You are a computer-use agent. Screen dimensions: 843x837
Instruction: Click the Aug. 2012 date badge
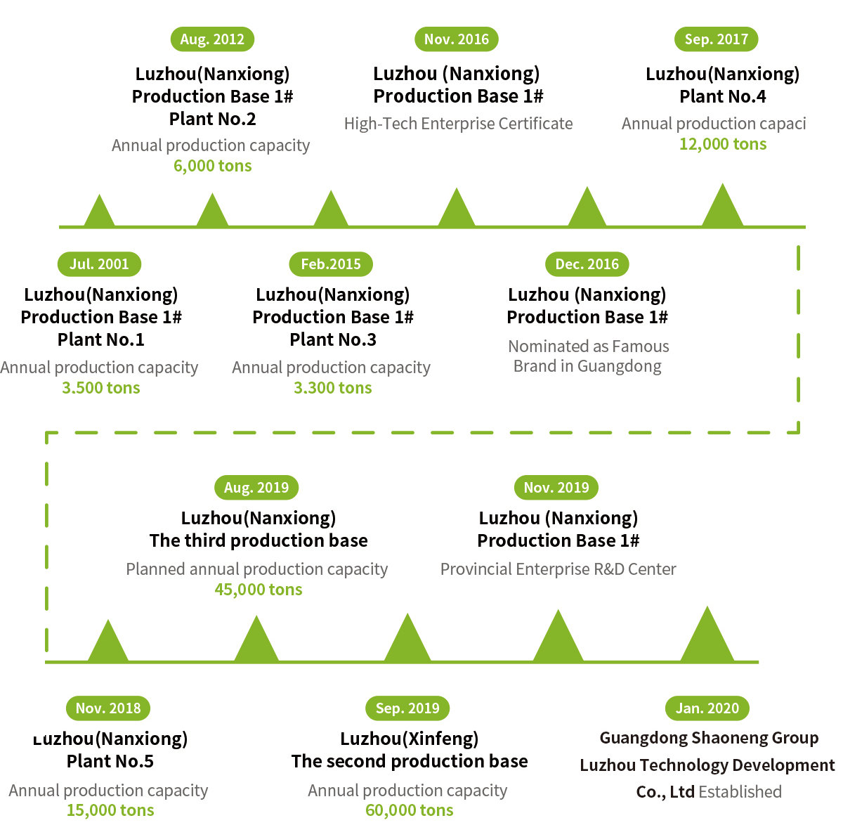[x=212, y=39]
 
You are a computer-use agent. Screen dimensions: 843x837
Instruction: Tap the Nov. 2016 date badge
[x=457, y=39]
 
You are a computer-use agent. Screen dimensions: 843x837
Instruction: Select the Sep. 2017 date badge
[x=716, y=39]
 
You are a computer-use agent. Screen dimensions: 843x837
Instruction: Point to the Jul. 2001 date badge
[x=99, y=264]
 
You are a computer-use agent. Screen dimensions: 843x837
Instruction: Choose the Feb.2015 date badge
[x=331, y=264]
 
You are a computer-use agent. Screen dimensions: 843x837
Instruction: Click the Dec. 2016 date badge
[x=587, y=264]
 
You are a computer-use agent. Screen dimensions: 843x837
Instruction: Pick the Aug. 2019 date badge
[x=256, y=488]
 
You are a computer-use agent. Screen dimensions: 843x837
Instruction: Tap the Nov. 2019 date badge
[x=556, y=488]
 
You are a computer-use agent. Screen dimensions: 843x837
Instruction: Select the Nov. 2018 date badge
[x=108, y=708]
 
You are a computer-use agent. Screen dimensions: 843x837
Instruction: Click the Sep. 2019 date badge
[x=407, y=708]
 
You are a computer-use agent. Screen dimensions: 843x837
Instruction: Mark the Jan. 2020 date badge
[x=707, y=708]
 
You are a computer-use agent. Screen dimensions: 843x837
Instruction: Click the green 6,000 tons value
[x=213, y=167]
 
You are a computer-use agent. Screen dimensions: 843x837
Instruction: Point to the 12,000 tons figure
[x=723, y=145]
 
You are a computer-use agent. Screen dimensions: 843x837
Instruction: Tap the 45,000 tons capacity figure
[x=258, y=590]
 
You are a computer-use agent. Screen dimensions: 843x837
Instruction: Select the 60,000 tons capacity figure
[x=409, y=810]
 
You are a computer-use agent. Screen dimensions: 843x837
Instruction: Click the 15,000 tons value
[x=110, y=810]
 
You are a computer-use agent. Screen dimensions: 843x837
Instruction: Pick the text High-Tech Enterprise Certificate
[x=459, y=124]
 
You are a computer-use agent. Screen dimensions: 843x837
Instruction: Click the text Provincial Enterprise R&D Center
[x=558, y=569]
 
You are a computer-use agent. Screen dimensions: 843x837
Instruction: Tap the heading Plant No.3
[x=333, y=339]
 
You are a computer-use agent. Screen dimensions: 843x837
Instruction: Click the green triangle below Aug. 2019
[x=256, y=638]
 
